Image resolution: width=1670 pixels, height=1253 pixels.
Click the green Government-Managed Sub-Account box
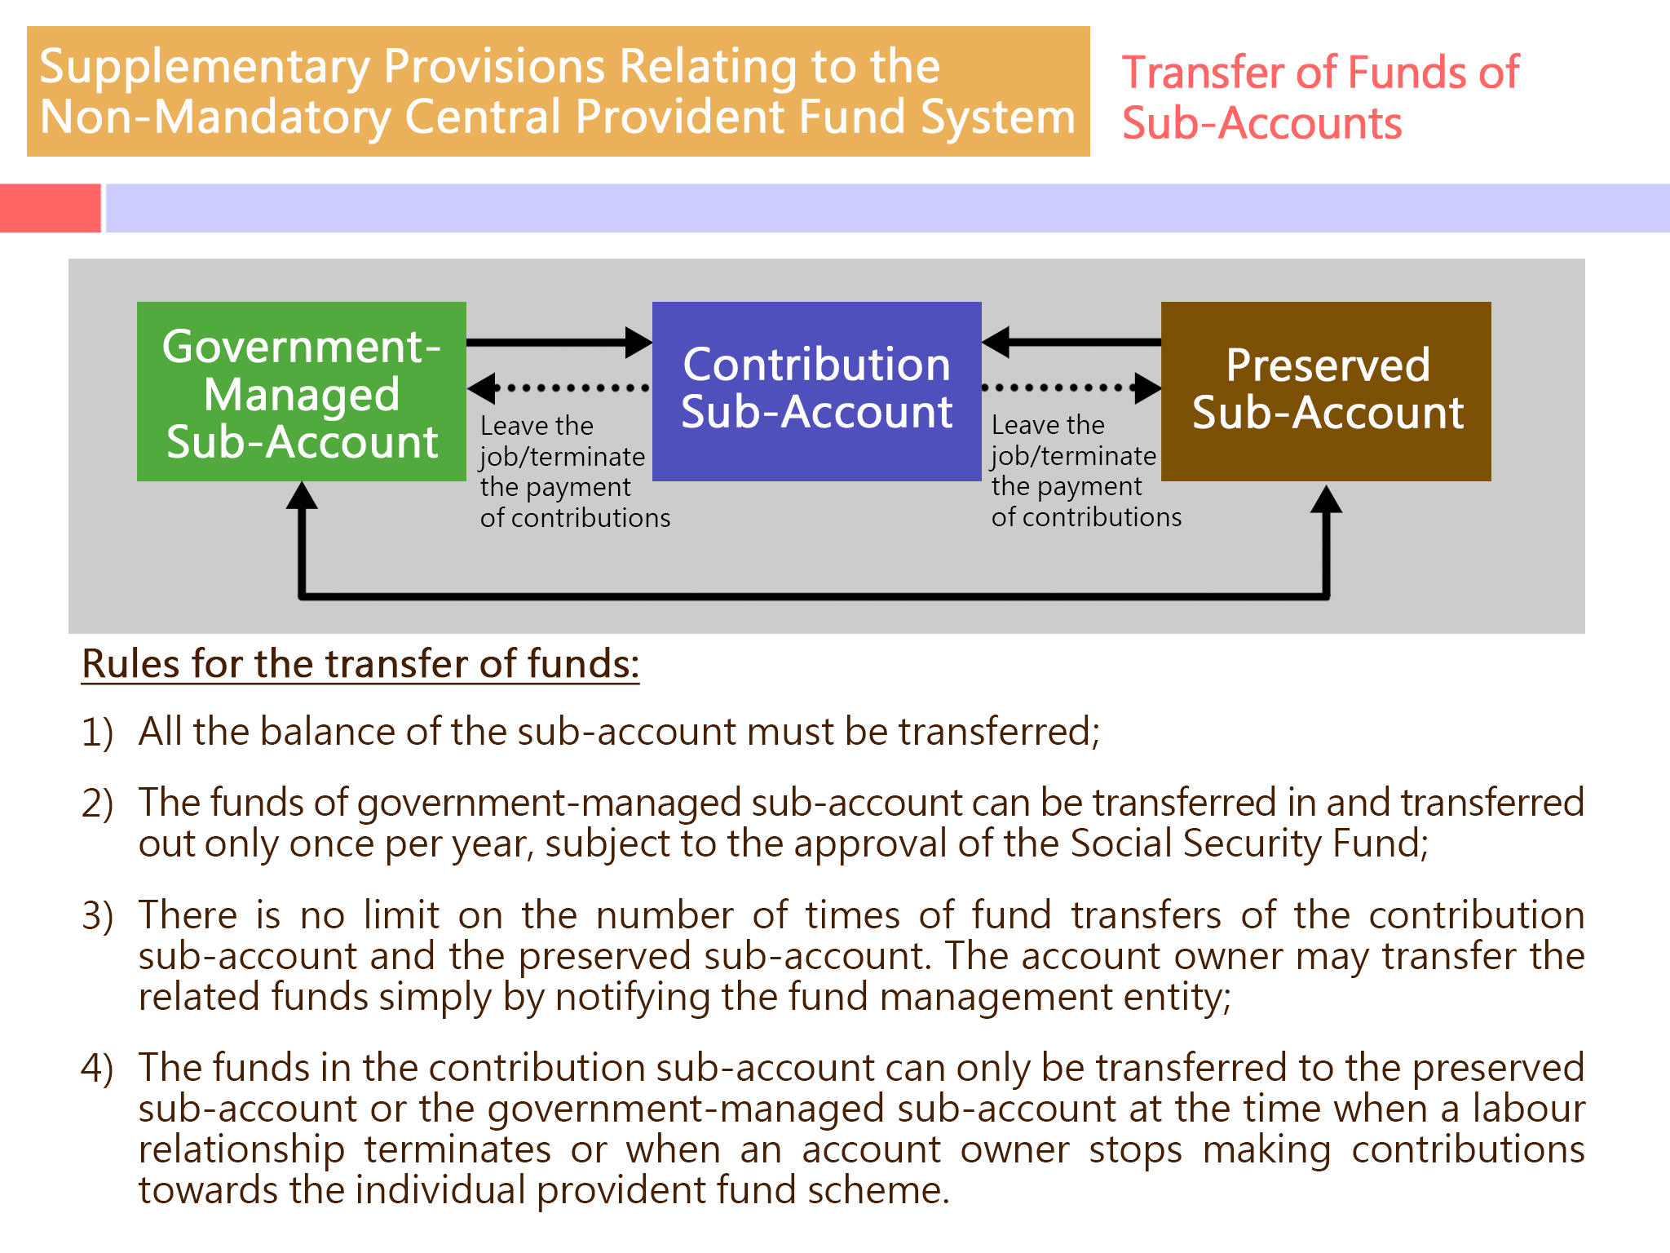click(x=302, y=392)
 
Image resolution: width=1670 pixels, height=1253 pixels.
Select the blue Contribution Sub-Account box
click(x=816, y=392)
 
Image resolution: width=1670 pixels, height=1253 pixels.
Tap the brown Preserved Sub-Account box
click(x=1326, y=392)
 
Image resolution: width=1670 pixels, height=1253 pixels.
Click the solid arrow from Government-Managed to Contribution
click(x=559, y=343)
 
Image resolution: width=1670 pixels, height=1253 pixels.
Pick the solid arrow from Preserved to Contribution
click(x=1071, y=343)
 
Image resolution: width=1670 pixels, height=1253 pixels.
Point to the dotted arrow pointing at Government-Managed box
click(x=559, y=388)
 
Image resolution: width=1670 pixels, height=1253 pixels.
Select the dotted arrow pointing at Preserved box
click(x=1071, y=388)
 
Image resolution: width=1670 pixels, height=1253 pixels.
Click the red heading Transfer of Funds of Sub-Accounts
click(x=1321, y=97)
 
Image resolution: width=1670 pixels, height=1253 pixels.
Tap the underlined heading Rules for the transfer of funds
click(x=360, y=664)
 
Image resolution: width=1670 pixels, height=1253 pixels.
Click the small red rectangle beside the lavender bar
click(x=51, y=208)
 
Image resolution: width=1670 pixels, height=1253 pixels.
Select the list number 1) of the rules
click(x=98, y=732)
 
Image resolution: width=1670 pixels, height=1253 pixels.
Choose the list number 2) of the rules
click(x=98, y=804)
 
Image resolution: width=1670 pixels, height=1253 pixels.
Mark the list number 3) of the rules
click(x=98, y=915)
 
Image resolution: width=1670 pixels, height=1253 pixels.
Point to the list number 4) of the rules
click(x=98, y=1069)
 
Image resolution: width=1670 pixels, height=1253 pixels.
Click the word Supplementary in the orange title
click(x=205, y=68)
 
